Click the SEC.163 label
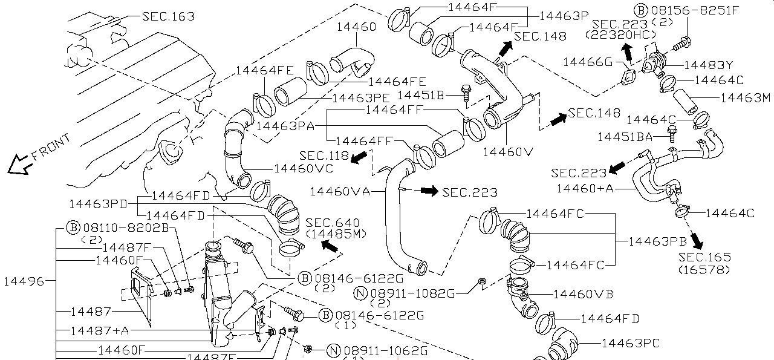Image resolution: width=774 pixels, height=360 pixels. pos(168,16)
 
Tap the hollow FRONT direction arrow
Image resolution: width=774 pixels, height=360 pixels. pos(18,164)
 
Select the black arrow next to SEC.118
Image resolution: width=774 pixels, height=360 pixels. pos(359,157)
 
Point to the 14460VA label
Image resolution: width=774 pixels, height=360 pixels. pos(339,191)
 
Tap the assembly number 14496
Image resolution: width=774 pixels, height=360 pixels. pos(24,281)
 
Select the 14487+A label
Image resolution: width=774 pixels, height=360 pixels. pos(99,331)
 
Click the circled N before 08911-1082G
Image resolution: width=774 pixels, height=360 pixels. pos(361,293)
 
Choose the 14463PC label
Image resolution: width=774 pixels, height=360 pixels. pos(630,343)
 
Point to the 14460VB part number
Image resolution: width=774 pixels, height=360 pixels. pos(583,294)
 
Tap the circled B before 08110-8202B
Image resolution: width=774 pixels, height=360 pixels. pos(73,227)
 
